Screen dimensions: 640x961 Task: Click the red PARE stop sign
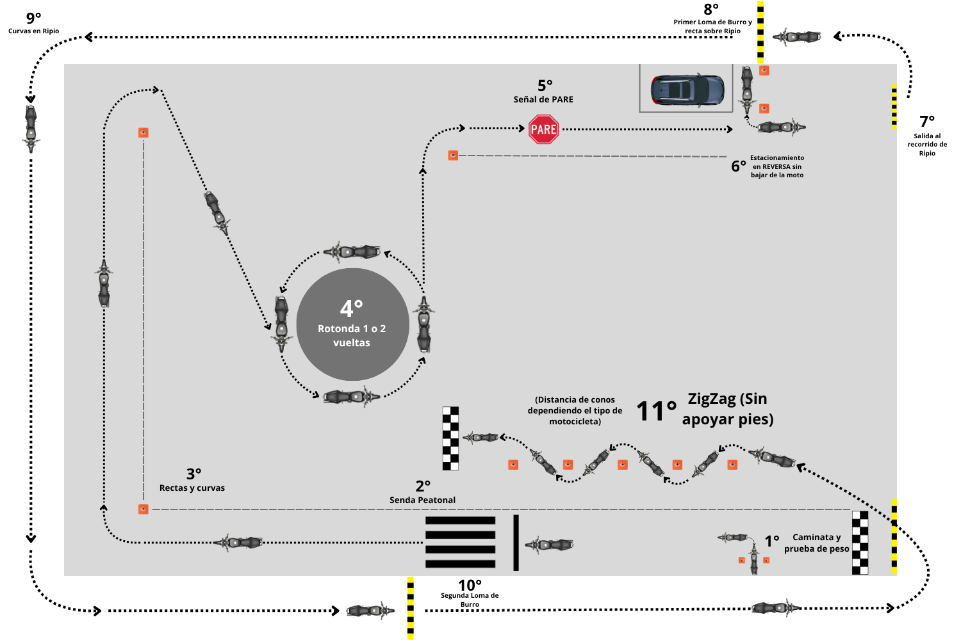point(543,129)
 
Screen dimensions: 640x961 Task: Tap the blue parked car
point(687,90)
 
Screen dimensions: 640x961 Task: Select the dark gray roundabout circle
point(352,324)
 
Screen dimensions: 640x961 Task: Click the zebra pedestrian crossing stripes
point(460,542)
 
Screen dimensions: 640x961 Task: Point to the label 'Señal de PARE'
point(543,99)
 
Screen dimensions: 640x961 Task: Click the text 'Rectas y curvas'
point(192,488)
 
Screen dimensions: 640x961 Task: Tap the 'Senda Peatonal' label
point(422,500)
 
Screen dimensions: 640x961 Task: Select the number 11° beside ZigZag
point(656,412)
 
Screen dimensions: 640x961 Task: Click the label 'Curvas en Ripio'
point(33,31)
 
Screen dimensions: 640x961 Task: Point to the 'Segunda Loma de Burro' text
point(470,600)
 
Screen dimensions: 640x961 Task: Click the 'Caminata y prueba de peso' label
point(817,543)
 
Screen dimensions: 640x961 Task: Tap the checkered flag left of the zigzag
point(450,438)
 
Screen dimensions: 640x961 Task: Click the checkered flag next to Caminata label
point(860,543)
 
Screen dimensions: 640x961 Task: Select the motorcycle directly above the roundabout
point(352,252)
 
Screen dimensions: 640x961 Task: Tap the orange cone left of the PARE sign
point(453,156)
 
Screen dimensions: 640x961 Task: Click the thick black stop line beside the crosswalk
point(516,542)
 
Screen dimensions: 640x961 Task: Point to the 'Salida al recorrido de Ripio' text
point(927,145)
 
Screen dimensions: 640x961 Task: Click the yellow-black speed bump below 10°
point(410,607)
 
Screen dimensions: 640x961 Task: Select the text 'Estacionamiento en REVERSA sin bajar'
point(776,166)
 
